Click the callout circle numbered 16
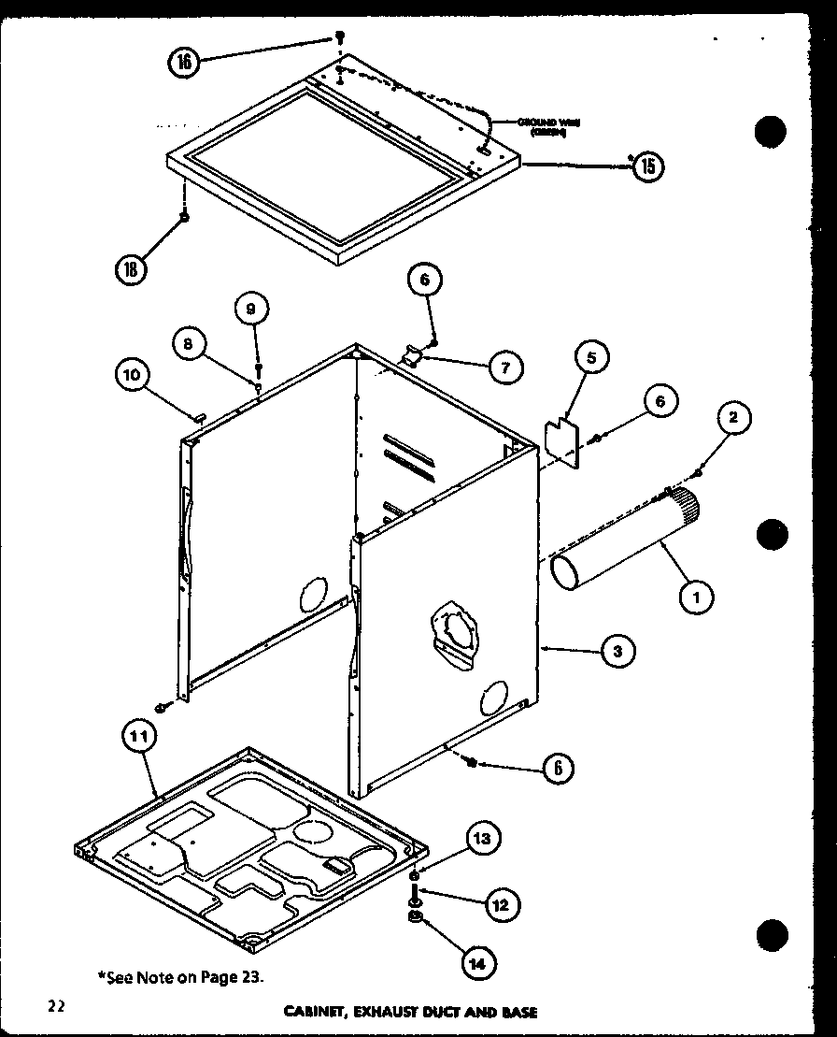[x=185, y=62]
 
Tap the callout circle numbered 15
[x=647, y=166]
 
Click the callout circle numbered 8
[x=190, y=343]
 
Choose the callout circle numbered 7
[x=505, y=367]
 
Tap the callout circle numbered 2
[x=733, y=418]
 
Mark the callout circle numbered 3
[x=617, y=651]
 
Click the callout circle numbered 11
[x=137, y=737]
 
